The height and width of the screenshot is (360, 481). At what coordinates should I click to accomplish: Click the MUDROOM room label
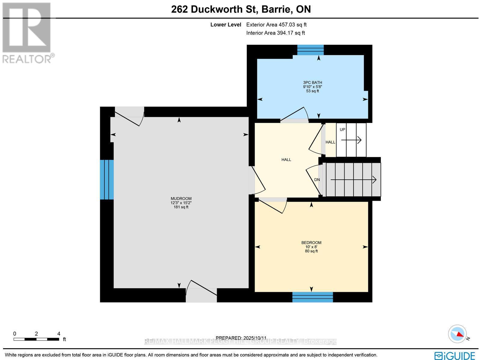[x=181, y=199]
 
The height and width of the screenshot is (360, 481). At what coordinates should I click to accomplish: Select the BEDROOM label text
[x=311, y=243]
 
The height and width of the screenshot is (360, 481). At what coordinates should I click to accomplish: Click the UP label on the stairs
[x=342, y=130]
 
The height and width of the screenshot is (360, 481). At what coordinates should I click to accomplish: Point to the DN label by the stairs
[x=317, y=180]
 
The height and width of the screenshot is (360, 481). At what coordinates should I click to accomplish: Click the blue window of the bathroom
[x=310, y=50]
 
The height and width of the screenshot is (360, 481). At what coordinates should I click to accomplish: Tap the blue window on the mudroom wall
[x=107, y=179]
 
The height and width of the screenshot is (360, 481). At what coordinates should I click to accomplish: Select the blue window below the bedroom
[x=312, y=297]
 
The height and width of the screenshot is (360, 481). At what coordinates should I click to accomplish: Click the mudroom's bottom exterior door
[x=201, y=290]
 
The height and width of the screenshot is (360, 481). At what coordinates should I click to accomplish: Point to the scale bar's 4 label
[x=59, y=334]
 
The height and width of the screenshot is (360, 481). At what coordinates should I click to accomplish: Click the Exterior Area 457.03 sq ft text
[x=276, y=25]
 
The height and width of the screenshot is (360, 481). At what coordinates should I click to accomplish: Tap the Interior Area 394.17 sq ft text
[x=275, y=33]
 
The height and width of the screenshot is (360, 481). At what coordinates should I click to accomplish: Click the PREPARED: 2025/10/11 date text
[x=241, y=338]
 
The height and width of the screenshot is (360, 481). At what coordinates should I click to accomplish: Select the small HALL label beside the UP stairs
[x=330, y=142]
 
